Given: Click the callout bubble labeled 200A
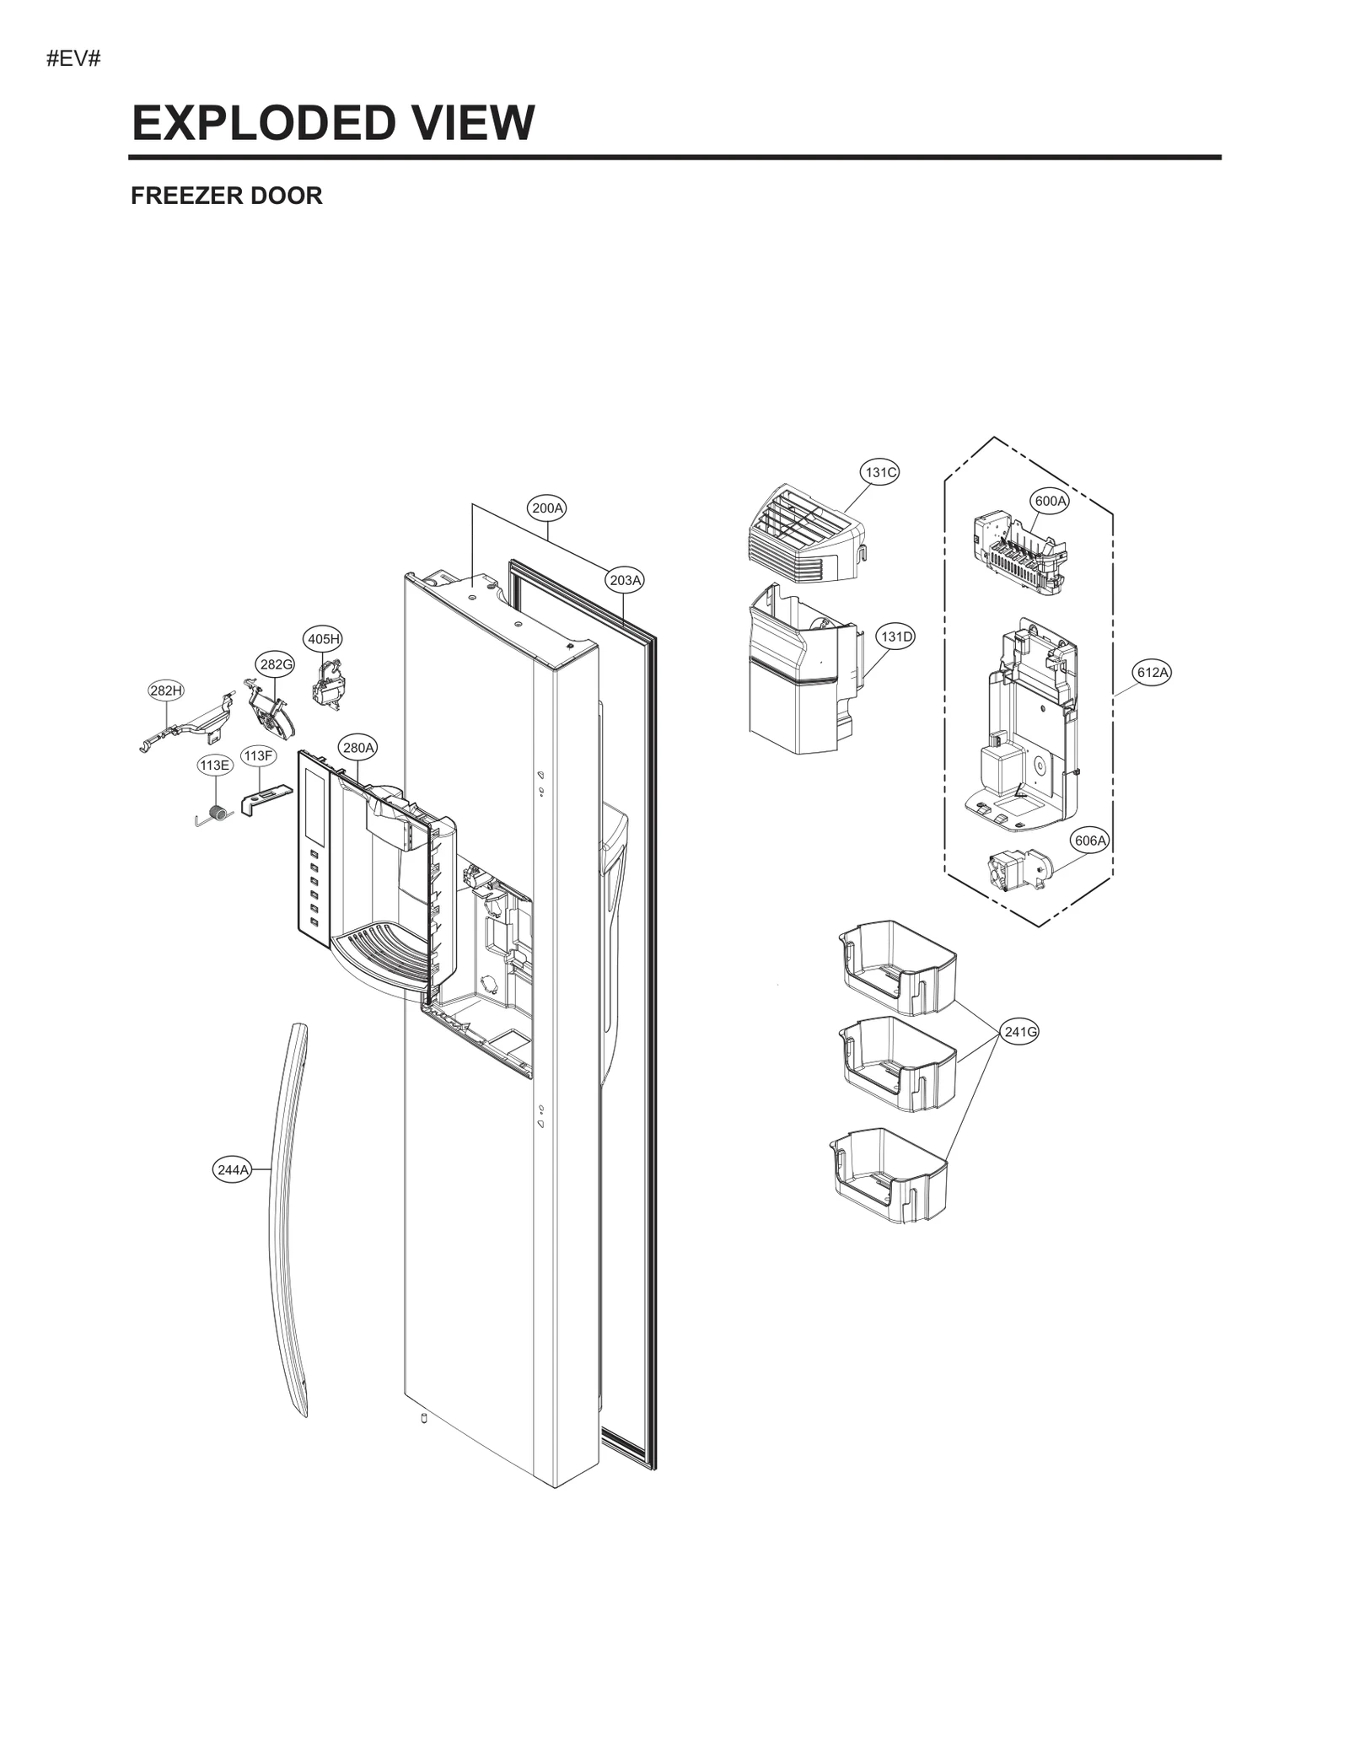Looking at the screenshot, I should click(547, 508).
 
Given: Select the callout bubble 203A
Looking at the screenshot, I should click(625, 580).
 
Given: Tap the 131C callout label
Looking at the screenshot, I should click(879, 472).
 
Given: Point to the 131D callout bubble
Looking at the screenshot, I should click(896, 637).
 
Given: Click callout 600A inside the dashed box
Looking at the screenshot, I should click(1050, 501).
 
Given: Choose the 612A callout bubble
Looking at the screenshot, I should click(1153, 672).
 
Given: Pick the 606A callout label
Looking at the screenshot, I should click(1089, 841).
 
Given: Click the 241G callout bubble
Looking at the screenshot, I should click(1020, 1031).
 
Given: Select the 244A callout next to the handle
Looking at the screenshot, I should click(232, 1169).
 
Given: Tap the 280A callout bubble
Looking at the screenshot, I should click(358, 747).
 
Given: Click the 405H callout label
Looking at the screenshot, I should click(323, 639).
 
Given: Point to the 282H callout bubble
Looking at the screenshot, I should click(165, 690).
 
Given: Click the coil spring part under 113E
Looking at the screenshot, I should click(215, 814).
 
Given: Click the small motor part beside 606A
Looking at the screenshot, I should click(1019, 869).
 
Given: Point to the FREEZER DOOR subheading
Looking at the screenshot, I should click(226, 196).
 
